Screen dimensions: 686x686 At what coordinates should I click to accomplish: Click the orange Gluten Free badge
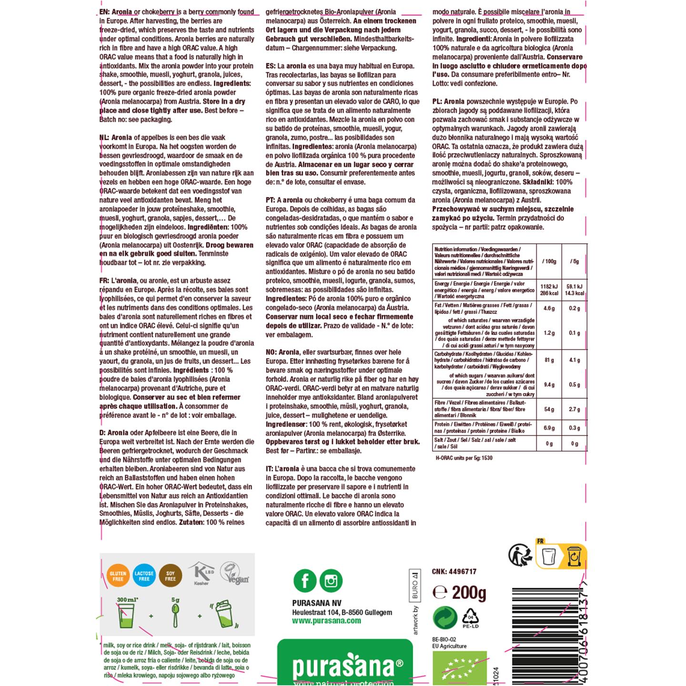[x=118, y=576]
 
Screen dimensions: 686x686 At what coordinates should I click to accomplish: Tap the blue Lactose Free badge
[x=144, y=576]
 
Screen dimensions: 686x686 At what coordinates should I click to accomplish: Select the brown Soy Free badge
[x=170, y=576]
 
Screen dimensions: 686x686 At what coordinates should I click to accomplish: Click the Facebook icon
[x=304, y=581]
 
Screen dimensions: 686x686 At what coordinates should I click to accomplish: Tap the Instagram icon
[x=331, y=581]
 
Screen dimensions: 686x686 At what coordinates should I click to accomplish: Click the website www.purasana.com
[x=326, y=621]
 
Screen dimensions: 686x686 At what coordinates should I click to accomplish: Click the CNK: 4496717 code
[x=454, y=571]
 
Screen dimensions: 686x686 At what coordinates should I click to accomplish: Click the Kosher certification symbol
[x=200, y=573]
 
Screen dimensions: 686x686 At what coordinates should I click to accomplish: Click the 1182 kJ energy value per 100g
[x=549, y=286]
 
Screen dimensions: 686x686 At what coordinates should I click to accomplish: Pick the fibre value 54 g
[x=549, y=409]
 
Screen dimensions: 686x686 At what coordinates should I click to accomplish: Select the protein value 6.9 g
[x=549, y=428]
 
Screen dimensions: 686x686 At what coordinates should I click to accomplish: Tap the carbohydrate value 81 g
[x=549, y=360]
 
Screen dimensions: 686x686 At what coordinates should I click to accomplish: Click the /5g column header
[x=575, y=262]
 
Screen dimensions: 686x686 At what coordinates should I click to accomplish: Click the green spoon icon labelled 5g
[x=175, y=612]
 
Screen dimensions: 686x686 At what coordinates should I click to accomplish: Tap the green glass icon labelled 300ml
[x=126, y=615]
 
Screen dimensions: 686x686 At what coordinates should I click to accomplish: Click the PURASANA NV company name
[x=316, y=603]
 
